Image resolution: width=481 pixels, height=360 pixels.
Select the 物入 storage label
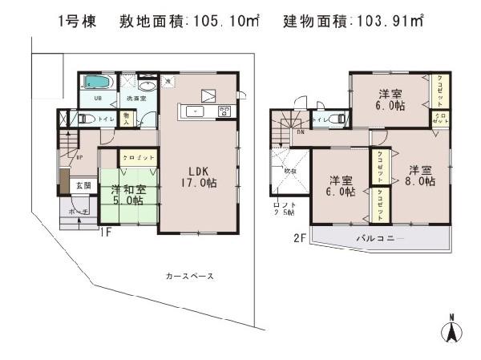pyautogui.click(x=127, y=118)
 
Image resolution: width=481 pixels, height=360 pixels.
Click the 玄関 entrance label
pyautogui.click(x=84, y=185)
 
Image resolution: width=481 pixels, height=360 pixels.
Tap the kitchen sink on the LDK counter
pyautogui.click(x=195, y=111)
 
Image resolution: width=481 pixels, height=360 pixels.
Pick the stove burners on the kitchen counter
pyautogui.click(x=224, y=111)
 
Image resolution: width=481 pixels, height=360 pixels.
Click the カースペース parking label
pyautogui.click(x=189, y=276)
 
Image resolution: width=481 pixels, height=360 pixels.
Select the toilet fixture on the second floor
pyautogui.click(x=342, y=119)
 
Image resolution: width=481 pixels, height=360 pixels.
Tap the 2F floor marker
pyautogui.click(x=300, y=237)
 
